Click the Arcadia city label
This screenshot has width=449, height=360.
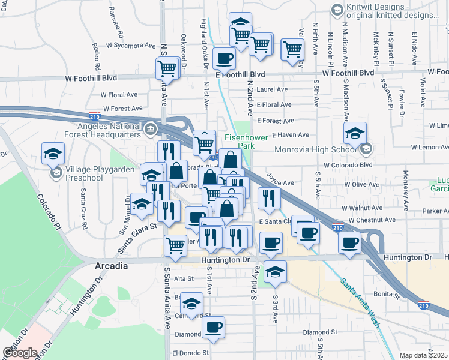point(111,266)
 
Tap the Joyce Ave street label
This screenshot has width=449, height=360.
point(280,183)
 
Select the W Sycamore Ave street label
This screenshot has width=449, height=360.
point(131,45)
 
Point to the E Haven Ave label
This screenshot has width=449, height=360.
point(290,135)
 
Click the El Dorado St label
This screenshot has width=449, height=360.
point(190,353)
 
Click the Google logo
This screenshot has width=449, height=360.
point(19,353)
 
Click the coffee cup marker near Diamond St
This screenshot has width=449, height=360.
point(213,327)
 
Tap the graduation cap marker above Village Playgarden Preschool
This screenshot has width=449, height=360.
point(53,154)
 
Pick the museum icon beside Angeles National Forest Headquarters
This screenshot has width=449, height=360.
point(149,128)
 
